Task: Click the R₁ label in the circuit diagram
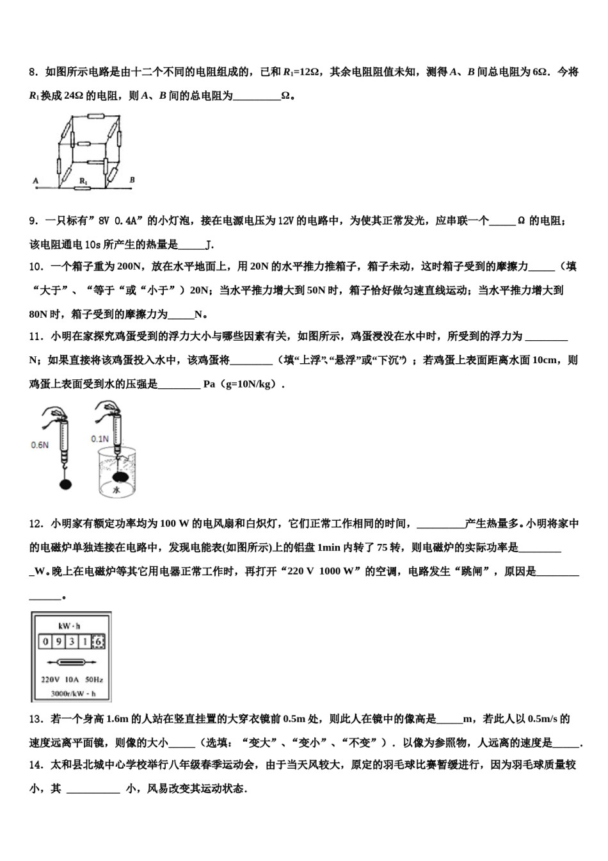[83, 181]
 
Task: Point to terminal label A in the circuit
[35, 181]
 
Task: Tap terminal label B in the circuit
[132, 180]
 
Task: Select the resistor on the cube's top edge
[96, 117]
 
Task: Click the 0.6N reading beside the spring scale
[40, 445]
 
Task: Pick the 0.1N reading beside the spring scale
[99, 439]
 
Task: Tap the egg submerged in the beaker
[121, 477]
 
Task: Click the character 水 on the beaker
[116, 491]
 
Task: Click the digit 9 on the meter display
[59, 641]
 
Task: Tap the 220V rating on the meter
[50, 680]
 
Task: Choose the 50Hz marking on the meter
[93, 680]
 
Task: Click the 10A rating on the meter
[72, 680]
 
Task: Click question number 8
[35, 72]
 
